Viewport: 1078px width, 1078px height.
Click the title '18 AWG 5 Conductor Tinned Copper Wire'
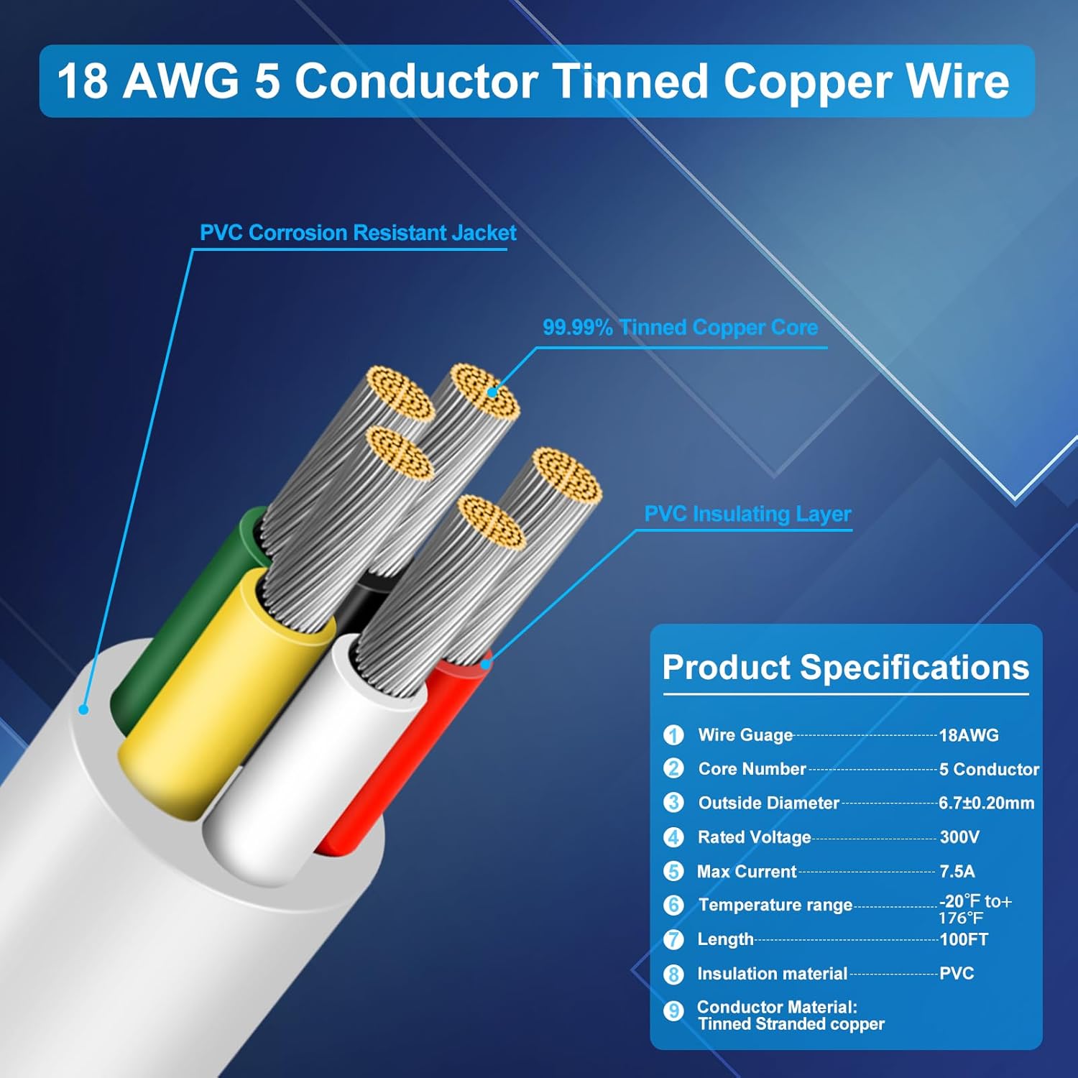coord(533,80)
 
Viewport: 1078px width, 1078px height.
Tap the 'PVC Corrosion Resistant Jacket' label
coord(358,233)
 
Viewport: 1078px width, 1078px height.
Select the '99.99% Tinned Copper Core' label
coord(680,328)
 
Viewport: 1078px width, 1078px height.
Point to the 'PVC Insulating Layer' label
coord(747,514)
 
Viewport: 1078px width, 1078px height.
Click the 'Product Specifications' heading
coord(845,667)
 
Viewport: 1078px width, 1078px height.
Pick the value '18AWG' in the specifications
coord(969,735)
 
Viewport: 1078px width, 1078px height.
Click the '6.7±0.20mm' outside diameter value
coord(986,803)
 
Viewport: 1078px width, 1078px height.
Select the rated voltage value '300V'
coord(959,837)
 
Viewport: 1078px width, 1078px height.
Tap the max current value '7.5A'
coord(957,872)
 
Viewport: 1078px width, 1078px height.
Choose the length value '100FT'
coord(964,939)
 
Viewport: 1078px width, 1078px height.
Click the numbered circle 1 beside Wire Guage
coord(673,735)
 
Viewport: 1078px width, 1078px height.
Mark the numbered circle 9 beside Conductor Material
coord(673,1011)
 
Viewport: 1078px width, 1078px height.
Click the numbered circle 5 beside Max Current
coord(673,872)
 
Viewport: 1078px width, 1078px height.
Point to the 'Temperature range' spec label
coord(775,905)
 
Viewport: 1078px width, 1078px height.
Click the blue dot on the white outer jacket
coord(83,710)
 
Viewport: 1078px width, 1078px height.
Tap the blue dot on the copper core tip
coord(492,392)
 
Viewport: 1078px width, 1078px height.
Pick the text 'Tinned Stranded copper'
coord(791,1024)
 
